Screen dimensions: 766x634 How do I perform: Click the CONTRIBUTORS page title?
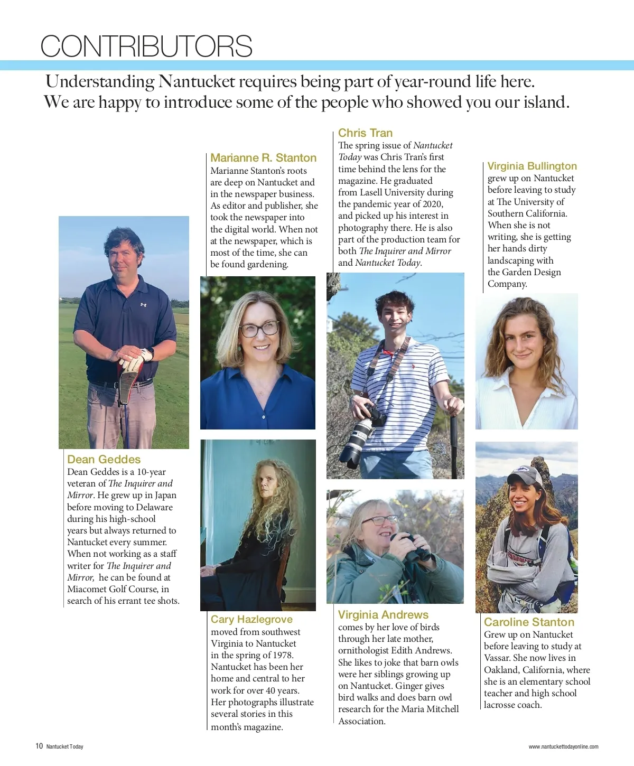[x=146, y=46]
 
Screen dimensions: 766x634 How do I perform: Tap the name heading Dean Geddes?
[x=104, y=460]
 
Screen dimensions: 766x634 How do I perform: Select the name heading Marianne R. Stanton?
[x=263, y=158]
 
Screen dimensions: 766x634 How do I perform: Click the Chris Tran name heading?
[x=365, y=133]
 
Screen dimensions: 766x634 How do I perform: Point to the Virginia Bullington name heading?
[x=532, y=166]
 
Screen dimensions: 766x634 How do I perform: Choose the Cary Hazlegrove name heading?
[x=251, y=620]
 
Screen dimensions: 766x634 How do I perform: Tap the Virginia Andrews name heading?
[x=383, y=615]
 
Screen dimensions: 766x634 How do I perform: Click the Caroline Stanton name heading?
[x=529, y=622]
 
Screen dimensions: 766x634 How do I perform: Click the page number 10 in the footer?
[x=39, y=746]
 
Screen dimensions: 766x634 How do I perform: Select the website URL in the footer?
[x=563, y=747]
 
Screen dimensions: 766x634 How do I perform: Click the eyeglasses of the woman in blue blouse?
[x=259, y=329]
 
